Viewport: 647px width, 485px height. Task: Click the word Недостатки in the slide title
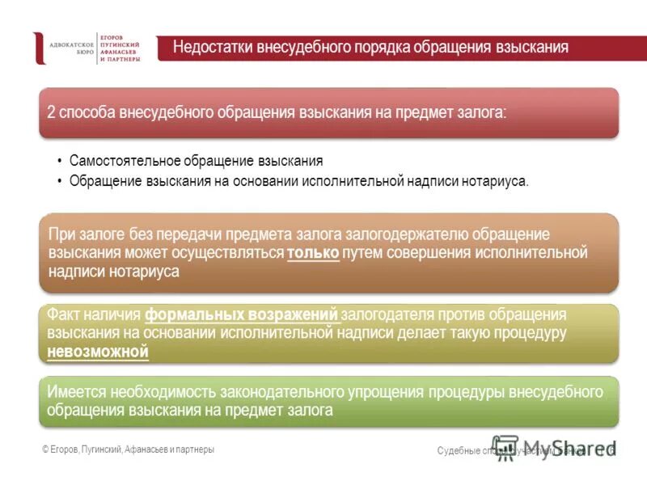[213, 48]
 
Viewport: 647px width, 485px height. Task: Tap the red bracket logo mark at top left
[38, 48]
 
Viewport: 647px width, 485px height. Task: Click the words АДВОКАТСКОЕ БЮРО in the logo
[72, 48]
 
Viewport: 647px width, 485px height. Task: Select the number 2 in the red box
[52, 112]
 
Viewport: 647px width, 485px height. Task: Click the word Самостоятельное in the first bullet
[121, 161]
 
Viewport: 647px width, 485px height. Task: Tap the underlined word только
[313, 253]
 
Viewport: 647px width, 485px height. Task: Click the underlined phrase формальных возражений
[241, 314]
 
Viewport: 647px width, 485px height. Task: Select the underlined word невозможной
[98, 352]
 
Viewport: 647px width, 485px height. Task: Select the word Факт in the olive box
[64, 314]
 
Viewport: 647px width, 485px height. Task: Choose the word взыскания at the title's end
[530, 48]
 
